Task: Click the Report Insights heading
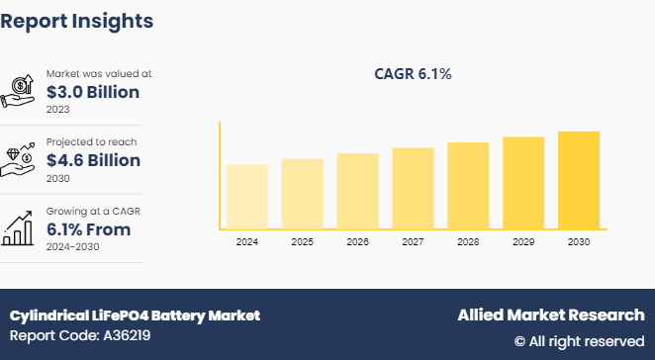tap(77, 20)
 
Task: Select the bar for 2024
tap(246, 196)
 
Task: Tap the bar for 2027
tap(413, 188)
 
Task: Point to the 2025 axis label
tap(302, 241)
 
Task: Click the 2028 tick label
tap(468, 241)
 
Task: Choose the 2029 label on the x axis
tap(523, 241)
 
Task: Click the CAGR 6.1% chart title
tap(413, 74)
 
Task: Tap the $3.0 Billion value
tap(93, 92)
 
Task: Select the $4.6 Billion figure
tap(93, 160)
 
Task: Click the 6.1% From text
tap(88, 229)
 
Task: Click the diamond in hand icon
tap(20, 159)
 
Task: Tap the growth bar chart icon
tap(20, 228)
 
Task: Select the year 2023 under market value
tap(57, 109)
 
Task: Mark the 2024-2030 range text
tap(74, 246)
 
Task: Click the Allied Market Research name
tap(550, 315)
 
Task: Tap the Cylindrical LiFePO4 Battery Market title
tap(135, 315)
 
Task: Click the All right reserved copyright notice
tap(579, 341)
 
